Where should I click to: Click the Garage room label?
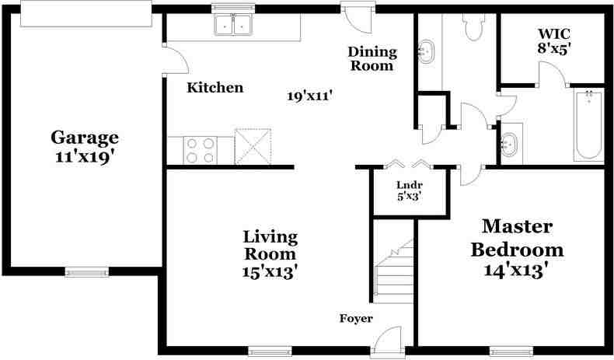85,138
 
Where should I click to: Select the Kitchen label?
215,88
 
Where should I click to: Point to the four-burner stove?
201,149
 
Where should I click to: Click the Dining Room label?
372,59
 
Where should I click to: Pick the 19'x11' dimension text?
309,96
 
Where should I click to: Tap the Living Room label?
270,245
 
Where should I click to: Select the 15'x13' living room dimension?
270,272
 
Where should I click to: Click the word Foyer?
356,319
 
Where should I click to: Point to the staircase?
392,272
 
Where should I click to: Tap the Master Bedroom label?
517,239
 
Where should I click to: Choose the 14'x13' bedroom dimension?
517,271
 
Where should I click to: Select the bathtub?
588,124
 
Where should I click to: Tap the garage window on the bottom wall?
86,272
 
